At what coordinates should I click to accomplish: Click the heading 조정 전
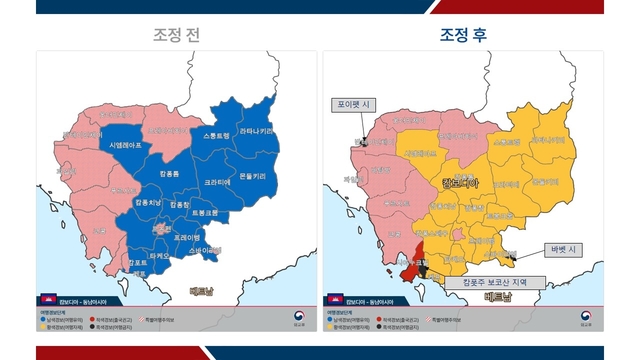click(176, 34)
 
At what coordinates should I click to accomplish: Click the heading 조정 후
click(464, 34)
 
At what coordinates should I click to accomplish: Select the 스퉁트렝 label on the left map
click(215, 135)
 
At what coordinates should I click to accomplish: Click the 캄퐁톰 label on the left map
click(169, 174)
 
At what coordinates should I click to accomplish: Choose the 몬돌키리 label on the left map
click(252, 176)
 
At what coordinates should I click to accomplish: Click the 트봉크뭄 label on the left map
click(203, 213)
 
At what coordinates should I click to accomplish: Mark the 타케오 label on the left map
click(158, 256)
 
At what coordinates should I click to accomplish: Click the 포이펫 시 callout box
click(355, 103)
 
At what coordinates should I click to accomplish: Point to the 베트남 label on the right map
click(495, 297)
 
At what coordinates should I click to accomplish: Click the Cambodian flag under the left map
click(45, 299)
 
